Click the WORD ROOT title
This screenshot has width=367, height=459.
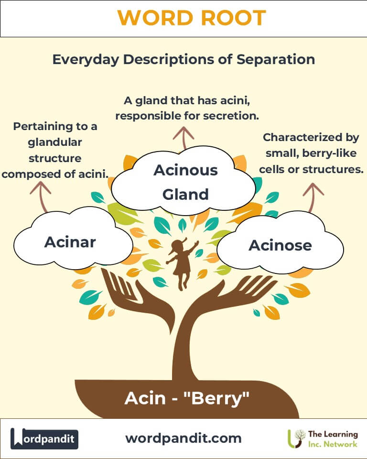192,18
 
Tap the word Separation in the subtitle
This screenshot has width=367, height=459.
276,59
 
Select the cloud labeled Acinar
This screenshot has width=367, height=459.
73,238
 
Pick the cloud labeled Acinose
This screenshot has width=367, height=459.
280,243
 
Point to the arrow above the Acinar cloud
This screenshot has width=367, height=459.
42,196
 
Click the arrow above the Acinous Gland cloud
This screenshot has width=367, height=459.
183,138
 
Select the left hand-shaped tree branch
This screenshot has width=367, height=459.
138,298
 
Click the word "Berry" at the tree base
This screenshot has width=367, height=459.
216,398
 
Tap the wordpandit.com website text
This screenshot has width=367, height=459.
183,438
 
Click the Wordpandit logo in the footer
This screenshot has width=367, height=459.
44,438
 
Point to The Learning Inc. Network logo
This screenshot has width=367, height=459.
323,438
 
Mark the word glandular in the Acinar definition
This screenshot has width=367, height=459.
55,142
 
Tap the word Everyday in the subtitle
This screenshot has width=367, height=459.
86,60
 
